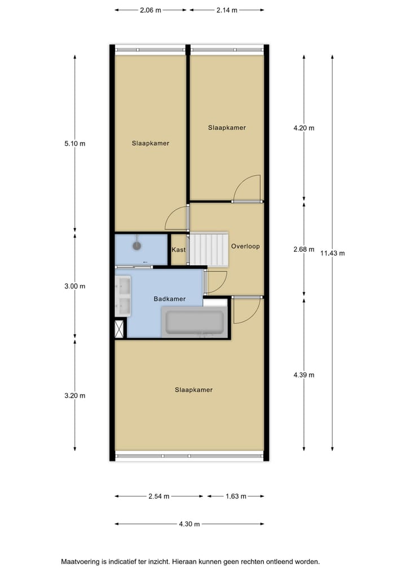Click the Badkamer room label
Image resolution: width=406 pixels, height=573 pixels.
click(x=170, y=299)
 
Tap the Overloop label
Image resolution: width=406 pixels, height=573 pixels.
click(x=245, y=246)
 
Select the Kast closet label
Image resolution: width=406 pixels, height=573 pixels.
click(x=179, y=250)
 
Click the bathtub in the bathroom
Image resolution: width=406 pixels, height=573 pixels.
click(x=193, y=322)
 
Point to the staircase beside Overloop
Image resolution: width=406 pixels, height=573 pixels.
click(x=208, y=248)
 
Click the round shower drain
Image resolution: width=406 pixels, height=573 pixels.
click(x=136, y=246)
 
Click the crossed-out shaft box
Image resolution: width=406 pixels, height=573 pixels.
click(x=120, y=329)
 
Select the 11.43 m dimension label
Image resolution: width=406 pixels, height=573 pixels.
click(x=332, y=253)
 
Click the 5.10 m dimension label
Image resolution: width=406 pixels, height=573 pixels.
click(x=75, y=143)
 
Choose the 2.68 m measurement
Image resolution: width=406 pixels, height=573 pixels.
click(x=304, y=250)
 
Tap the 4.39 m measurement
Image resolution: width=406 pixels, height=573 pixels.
click(x=304, y=375)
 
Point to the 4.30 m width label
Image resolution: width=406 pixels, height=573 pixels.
click(x=189, y=524)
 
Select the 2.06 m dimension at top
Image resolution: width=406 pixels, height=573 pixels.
click(x=150, y=10)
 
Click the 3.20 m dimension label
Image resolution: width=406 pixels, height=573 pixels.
click(x=75, y=396)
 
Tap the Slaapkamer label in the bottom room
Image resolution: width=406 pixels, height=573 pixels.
click(x=193, y=389)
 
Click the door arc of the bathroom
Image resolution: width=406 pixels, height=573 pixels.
click(x=217, y=282)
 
